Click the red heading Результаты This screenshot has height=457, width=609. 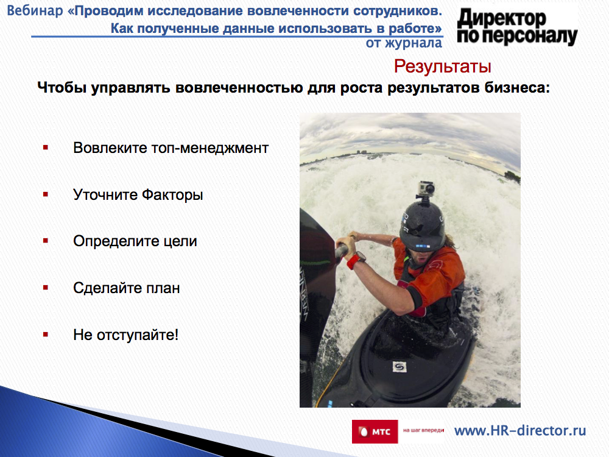click(x=442, y=66)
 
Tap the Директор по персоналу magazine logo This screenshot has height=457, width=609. click(x=517, y=27)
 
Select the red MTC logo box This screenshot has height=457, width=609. click(x=375, y=431)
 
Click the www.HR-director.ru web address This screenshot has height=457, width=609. click(x=520, y=431)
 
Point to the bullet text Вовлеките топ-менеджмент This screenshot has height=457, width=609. click(x=171, y=148)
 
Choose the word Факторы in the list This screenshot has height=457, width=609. click(x=172, y=195)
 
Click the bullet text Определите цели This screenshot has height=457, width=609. click(x=135, y=241)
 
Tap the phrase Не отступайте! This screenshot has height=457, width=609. click(x=126, y=335)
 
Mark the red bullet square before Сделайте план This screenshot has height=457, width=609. click(x=46, y=288)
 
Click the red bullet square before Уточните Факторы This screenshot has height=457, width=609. click(x=46, y=194)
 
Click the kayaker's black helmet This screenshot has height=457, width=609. click(x=423, y=227)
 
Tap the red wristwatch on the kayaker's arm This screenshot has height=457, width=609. click(x=356, y=260)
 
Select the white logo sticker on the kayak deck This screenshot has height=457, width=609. click(x=399, y=366)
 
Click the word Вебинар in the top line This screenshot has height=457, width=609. click(x=35, y=10)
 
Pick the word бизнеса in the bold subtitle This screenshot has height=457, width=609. click(x=517, y=87)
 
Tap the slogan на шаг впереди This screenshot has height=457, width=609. click(x=423, y=430)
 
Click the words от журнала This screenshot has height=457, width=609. click(x=404, y=43)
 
